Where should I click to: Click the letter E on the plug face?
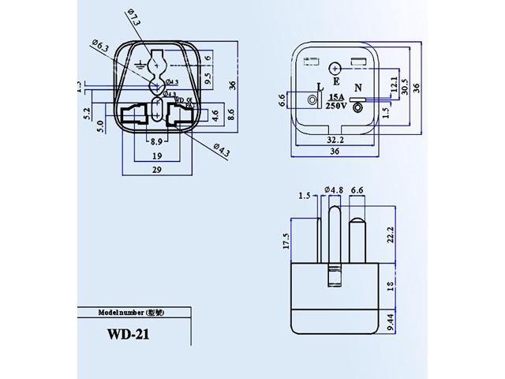335,80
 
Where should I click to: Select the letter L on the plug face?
319,88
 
